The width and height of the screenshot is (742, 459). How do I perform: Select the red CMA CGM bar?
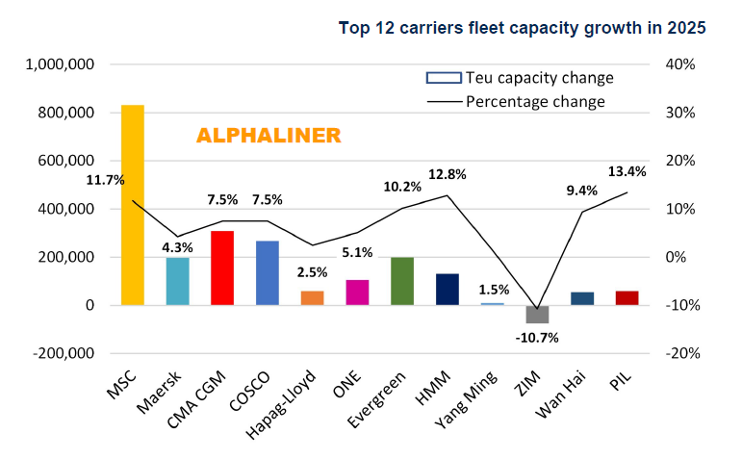coord(222,268)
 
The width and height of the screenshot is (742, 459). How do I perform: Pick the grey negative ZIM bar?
coord(537,314)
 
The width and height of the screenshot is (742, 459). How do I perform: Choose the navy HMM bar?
coord(448,289)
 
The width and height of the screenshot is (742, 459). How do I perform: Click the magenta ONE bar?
coord(357,293)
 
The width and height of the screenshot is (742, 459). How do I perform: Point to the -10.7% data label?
coord(537,338)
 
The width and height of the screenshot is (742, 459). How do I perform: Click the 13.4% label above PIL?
coord(627,171)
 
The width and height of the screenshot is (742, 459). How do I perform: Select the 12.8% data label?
coord(447,174)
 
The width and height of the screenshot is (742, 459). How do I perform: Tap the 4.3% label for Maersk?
coord(178,247)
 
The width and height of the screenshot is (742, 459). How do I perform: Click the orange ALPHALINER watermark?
coord(269,136)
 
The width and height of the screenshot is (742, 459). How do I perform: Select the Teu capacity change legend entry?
coord(520,78)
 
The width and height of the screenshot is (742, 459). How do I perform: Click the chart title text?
coord(523,28)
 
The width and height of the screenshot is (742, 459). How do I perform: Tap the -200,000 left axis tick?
coord(64,353)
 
